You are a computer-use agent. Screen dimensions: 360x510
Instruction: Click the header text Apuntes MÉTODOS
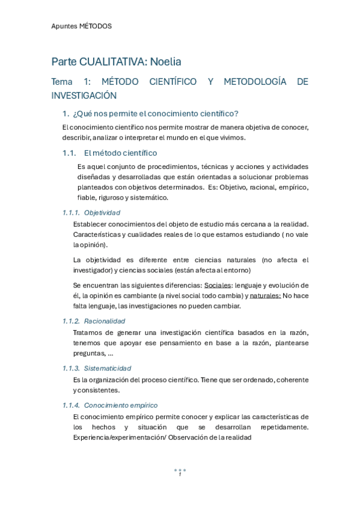pos(81,26)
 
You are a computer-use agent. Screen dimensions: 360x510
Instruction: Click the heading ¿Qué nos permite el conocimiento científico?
pos(155,114)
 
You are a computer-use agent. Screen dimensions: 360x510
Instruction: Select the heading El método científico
pos(120,153)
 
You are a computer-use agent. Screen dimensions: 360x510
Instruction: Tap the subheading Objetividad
pos(102,212)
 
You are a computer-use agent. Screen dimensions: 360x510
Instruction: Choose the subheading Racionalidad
pos(105,321)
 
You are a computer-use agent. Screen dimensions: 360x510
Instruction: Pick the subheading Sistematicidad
pos(108,368)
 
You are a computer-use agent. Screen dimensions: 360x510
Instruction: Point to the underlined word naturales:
pos(264,295)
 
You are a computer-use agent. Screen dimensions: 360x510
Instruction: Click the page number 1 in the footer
pos(180,475)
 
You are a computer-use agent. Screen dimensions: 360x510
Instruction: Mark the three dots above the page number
pos(180,469)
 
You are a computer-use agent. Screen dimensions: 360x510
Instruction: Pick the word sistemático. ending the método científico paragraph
pos(149,197)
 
